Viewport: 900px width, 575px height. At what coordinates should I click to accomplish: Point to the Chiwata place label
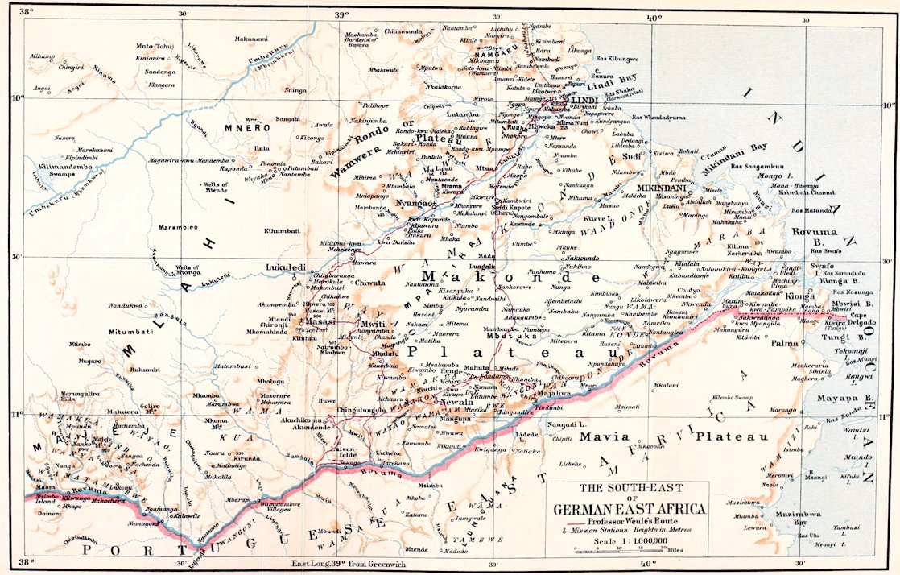pyautogui.click(x=370, y=283)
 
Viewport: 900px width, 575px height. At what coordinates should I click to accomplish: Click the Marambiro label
pyautogui.click(x=175, y=227)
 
